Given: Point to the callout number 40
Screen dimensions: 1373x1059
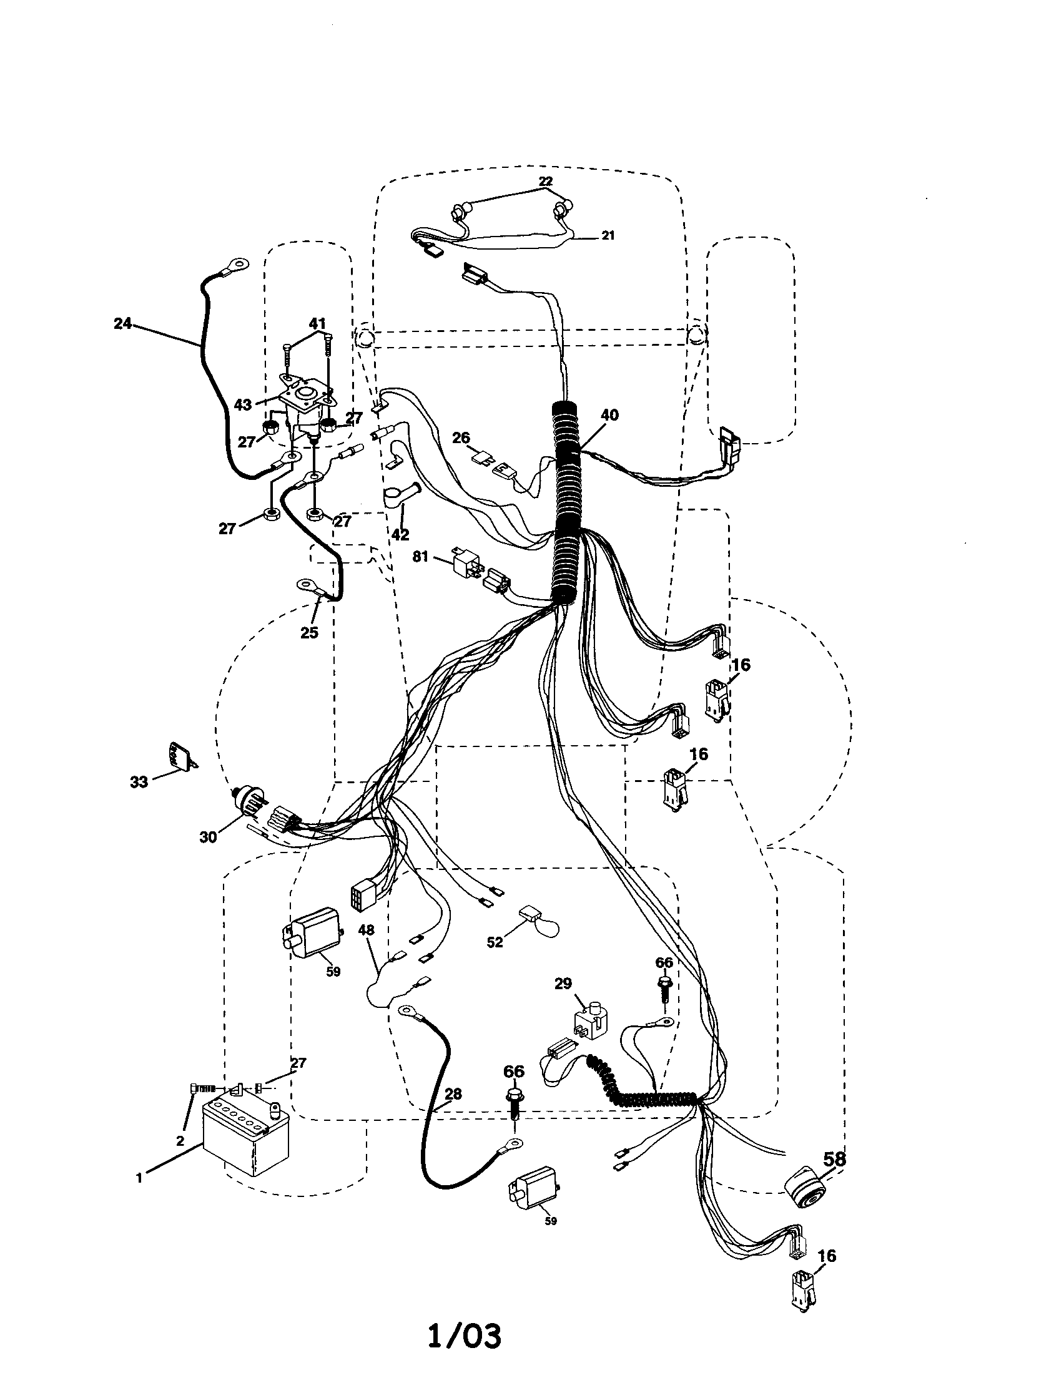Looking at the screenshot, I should click(x=609, y=415).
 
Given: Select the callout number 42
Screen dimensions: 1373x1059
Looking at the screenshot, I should click(x=400, y=534).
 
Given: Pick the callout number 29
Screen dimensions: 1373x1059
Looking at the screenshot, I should click(x=563, y=982).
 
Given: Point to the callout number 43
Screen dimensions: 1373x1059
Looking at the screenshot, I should click(x=243, y=405).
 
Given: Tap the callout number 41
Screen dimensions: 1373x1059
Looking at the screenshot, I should click(x=318, y=325).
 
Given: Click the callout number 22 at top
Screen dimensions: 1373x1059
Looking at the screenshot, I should click(x=545, y=181).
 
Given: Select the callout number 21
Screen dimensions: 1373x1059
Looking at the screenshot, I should click(x=608, y=236).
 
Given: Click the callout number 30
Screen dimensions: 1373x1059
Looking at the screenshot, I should click(x=207, y=838).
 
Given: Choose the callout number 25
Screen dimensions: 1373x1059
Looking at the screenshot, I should click(x=308, y=632).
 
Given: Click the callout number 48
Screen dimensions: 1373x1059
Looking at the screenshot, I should click(x=366, y=929).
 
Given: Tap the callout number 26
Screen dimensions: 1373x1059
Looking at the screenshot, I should click(x=461, y=437).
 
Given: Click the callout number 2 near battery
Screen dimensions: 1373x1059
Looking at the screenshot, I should click(x=180, y=1141).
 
